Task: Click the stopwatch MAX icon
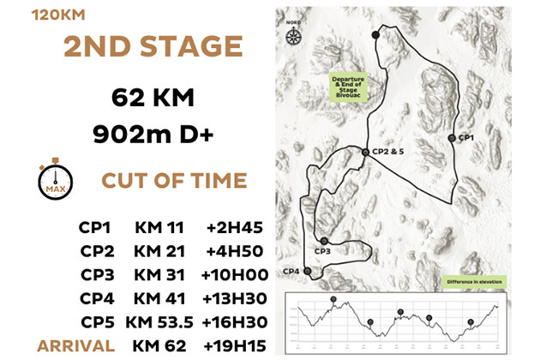pos(54,179)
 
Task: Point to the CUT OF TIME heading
pos(174,181)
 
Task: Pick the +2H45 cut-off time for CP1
pos(234,229)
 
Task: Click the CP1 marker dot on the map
pos(451,137)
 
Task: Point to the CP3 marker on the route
pos(324,241)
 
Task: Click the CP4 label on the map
pos(291,271)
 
